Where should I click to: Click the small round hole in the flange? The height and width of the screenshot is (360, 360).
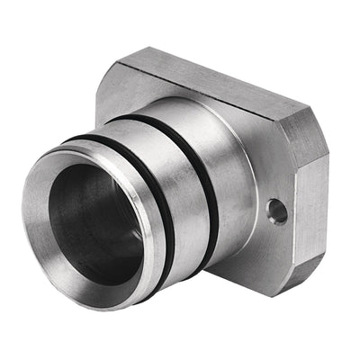point(277,211)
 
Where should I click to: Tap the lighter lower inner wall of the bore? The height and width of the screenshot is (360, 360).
point(99,261)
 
